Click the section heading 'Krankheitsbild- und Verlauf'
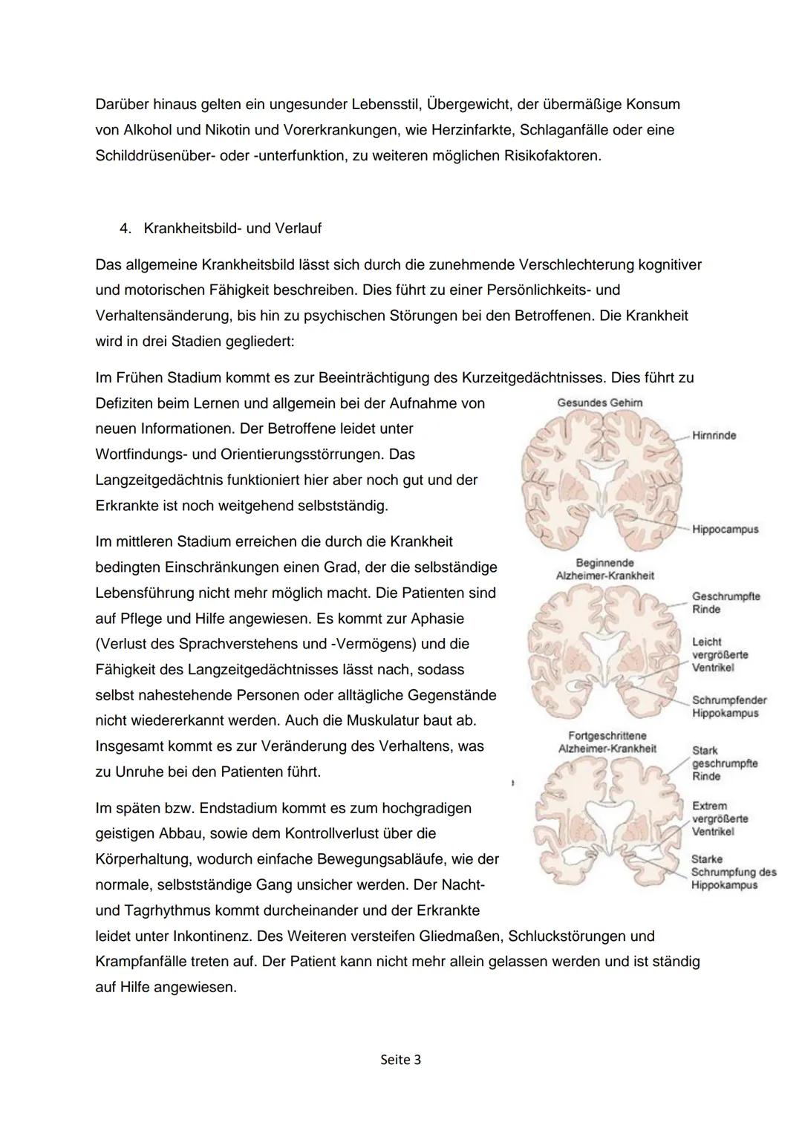coord(232,229)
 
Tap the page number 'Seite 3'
coord(400,1060)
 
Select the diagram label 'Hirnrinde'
coord(714,435)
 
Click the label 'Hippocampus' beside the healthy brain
coord(725,529)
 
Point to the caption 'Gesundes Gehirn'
coord(600,403)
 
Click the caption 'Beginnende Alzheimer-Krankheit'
coord(604,570)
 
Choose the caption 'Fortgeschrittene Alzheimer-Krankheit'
coord(607,742)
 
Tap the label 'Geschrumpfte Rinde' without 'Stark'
coord(726,603)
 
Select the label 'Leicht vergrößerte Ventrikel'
coord(719,654)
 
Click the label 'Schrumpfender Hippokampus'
coord(728,706)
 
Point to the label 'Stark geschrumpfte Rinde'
coord(724,763)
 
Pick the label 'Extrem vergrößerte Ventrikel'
coord(719,818)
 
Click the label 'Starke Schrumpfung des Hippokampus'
coord(733,872)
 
